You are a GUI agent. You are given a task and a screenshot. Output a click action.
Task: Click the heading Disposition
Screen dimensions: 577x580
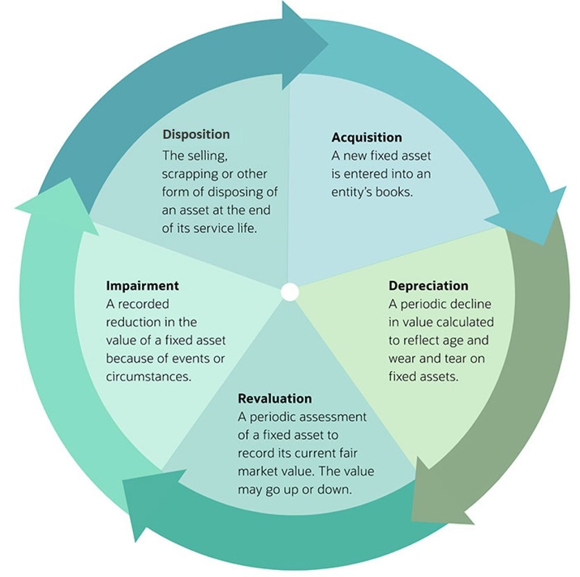196,134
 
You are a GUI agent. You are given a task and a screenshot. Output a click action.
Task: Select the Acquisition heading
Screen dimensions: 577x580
366,137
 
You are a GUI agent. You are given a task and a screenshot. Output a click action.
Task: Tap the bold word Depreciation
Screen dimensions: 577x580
428,286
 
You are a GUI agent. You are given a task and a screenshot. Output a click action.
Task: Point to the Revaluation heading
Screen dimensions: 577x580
274,399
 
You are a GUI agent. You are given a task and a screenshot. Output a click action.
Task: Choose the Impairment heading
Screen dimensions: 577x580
142,286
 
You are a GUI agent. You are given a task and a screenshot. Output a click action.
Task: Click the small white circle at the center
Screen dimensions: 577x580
290,292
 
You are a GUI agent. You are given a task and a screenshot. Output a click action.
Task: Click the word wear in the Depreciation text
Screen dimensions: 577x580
403,359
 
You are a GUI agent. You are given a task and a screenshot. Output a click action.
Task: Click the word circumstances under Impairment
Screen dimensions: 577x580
148,377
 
